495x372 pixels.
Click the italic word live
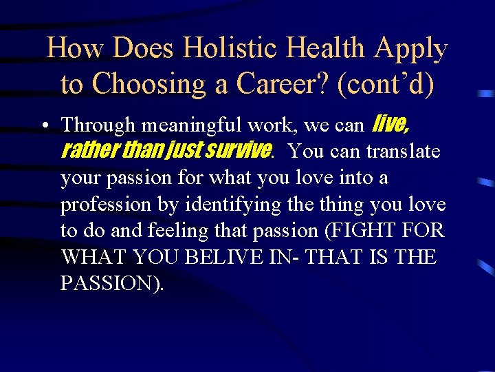click(x=390, y=125)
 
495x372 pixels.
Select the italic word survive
click(x=238, y=151)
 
